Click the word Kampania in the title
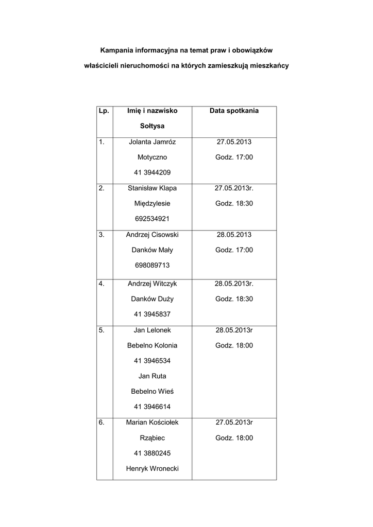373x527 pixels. (x=116, y=50)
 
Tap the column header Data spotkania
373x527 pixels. (x=234, y=111)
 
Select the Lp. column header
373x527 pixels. (x=104, y=111)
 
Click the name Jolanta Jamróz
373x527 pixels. (x=152, y=142)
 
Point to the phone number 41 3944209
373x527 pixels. (x=152, y=172)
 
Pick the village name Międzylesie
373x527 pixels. (x=152, y=203)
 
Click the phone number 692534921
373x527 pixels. (x=152, y=219)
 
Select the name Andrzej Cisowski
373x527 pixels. (x=152, y=234)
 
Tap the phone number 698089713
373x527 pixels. (x=152, y=265)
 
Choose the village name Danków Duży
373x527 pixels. (x=152, y=298)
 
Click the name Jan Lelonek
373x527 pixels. (x=152, y=330)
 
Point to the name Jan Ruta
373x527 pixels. (x=152, y=376)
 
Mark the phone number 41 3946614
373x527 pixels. (x=152, y=407)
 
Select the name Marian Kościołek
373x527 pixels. (x=152, y=423)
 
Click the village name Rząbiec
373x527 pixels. (x=152, y=438)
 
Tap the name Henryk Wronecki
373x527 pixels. (x=152, y=469)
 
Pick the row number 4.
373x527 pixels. (x=101, y=283)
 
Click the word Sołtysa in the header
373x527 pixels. (x=152, y=126)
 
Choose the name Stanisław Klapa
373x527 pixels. (x=152, y=188)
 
